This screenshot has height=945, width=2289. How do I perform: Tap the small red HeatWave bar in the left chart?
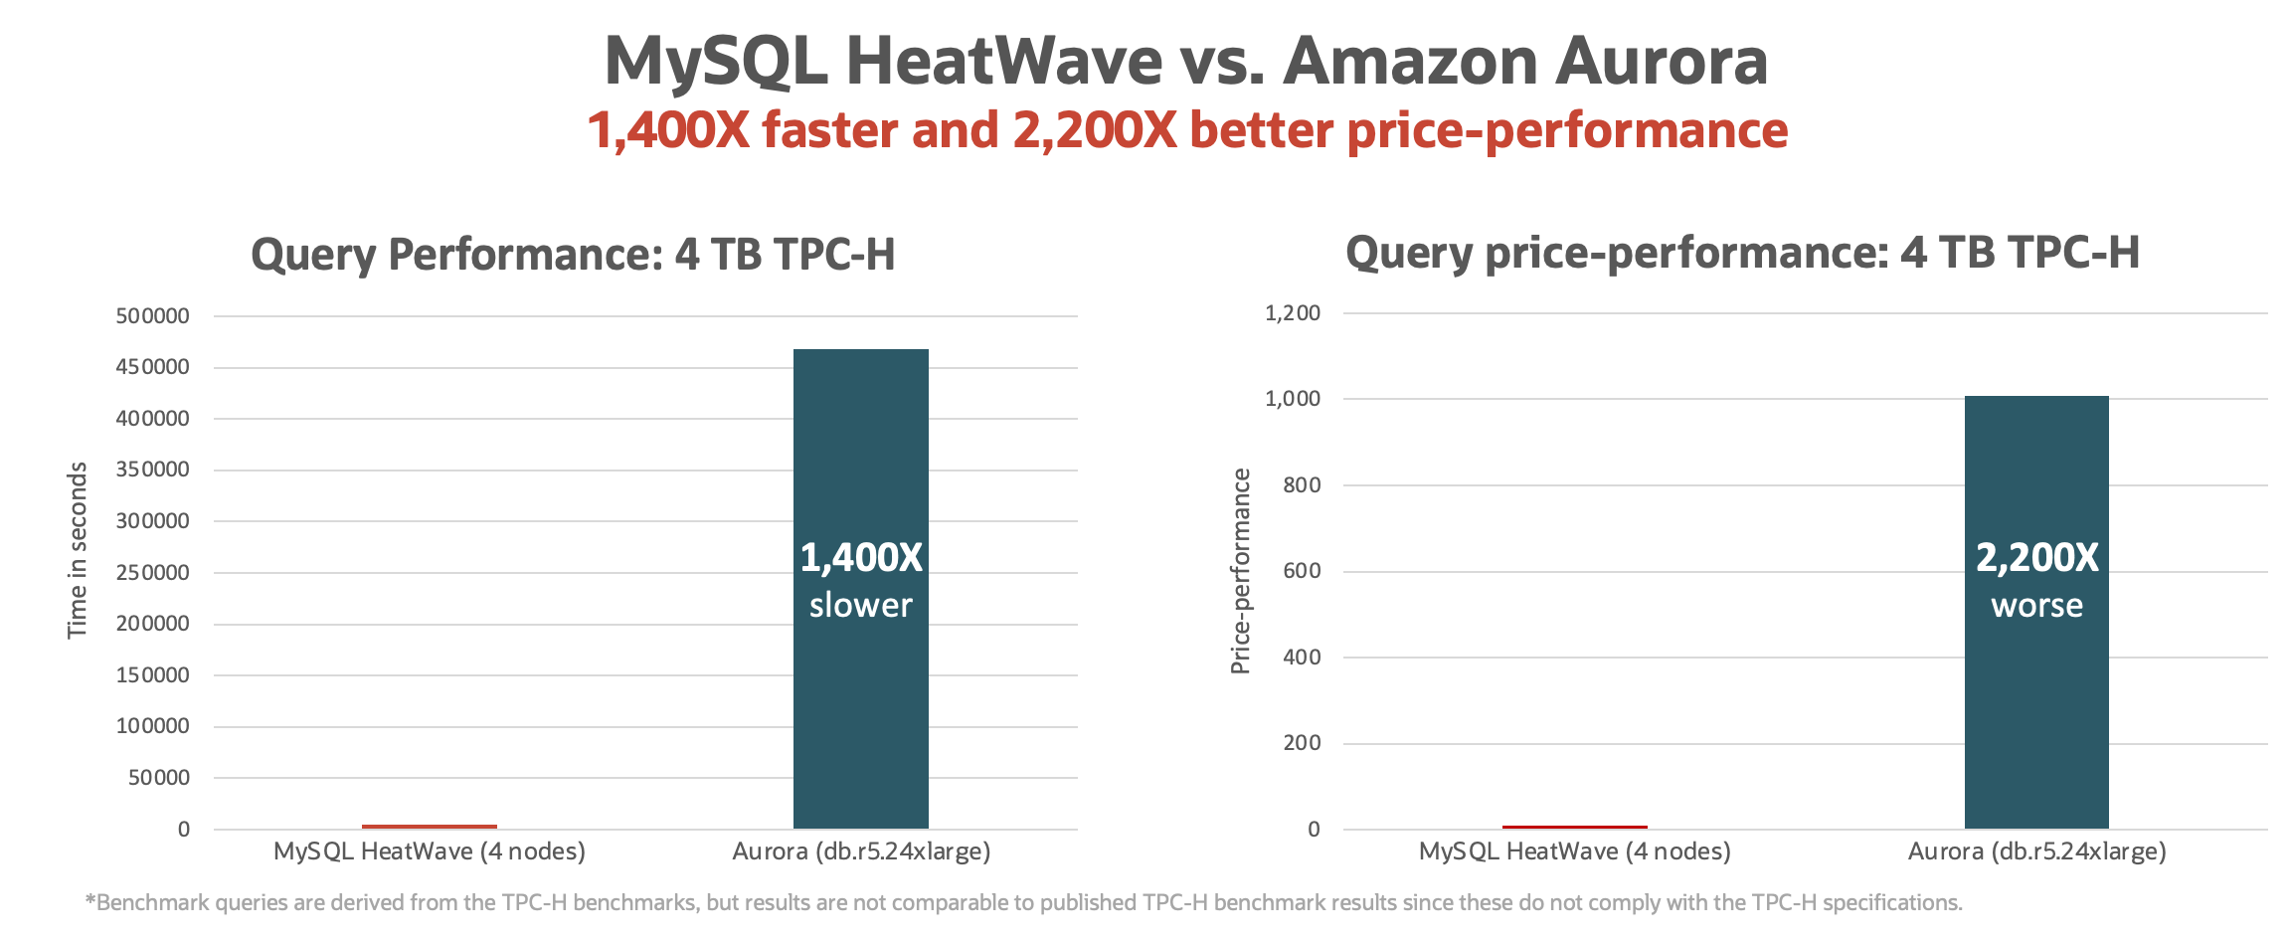click(430, 826)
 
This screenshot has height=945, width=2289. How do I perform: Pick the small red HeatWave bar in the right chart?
click(1574, 826)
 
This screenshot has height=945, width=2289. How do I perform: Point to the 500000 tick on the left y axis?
click(152, 316)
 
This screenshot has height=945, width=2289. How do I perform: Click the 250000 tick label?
click(152, 572)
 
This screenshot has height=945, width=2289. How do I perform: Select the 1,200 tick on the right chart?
click(1293, 313)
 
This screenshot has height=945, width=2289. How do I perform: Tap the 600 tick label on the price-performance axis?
click(1302, 571)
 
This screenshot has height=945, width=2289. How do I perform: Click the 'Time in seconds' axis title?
click(78, 550)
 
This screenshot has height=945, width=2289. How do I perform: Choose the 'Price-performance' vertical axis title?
click(1240, 571)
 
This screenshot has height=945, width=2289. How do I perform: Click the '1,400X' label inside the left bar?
click(861, 558)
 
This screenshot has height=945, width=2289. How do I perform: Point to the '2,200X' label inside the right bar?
click(2036, 558)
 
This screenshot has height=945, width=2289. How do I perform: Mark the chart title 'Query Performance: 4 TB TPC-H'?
click(573, 255)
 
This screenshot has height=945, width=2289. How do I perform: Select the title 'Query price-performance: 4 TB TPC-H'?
click(1742, 253)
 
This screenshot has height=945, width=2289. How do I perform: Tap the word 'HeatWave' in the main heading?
click(1004, 62)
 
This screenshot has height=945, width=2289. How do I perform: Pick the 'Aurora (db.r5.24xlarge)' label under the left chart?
click(861, 851)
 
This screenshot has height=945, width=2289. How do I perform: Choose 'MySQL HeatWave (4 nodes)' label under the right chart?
click(1574, 851)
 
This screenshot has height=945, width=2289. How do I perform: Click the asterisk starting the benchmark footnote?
click(90, 900)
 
